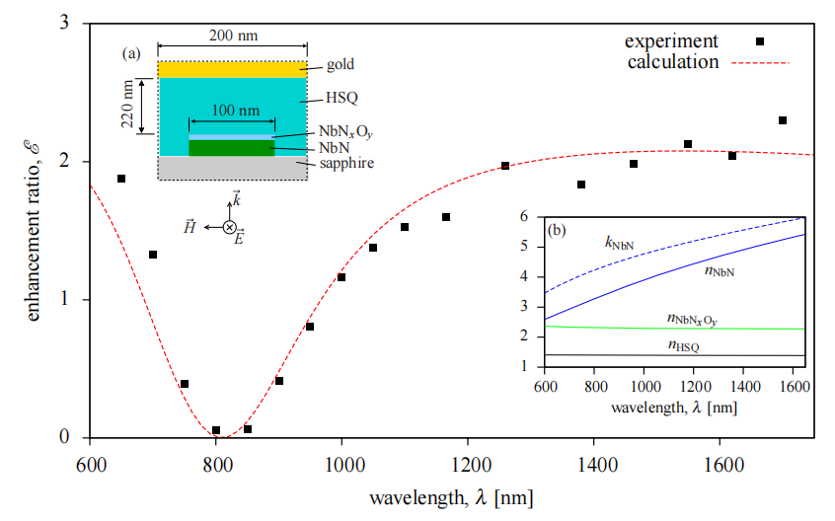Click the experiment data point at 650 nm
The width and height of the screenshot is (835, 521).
(121, 179)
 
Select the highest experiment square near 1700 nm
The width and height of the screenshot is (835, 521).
(783, 120)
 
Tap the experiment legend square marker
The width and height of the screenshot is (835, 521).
(760, 41)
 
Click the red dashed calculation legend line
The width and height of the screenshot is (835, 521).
(760, 63)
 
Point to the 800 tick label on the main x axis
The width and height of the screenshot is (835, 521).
(217, 465)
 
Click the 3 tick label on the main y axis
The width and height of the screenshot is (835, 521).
(64, 23)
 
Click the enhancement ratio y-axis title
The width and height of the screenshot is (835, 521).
(33, 231)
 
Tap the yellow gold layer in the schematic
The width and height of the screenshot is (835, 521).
(232, 70)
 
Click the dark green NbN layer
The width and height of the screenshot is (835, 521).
(232, 148)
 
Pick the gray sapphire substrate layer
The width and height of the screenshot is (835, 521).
(232, 168)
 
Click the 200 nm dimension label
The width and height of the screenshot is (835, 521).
(233, 36)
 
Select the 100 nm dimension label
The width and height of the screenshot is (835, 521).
(236, 111)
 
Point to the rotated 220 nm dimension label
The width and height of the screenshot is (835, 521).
(127, 105)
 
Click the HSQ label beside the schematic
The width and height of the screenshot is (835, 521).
(342, 98)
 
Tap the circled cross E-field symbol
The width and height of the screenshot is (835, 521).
(230, 227)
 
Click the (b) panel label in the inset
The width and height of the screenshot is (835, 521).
(557, 231)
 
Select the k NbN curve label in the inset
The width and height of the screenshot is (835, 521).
(619, 243)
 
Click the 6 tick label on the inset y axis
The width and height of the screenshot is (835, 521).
(524, 216)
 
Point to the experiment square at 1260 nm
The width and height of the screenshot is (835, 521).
(505, 166)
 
